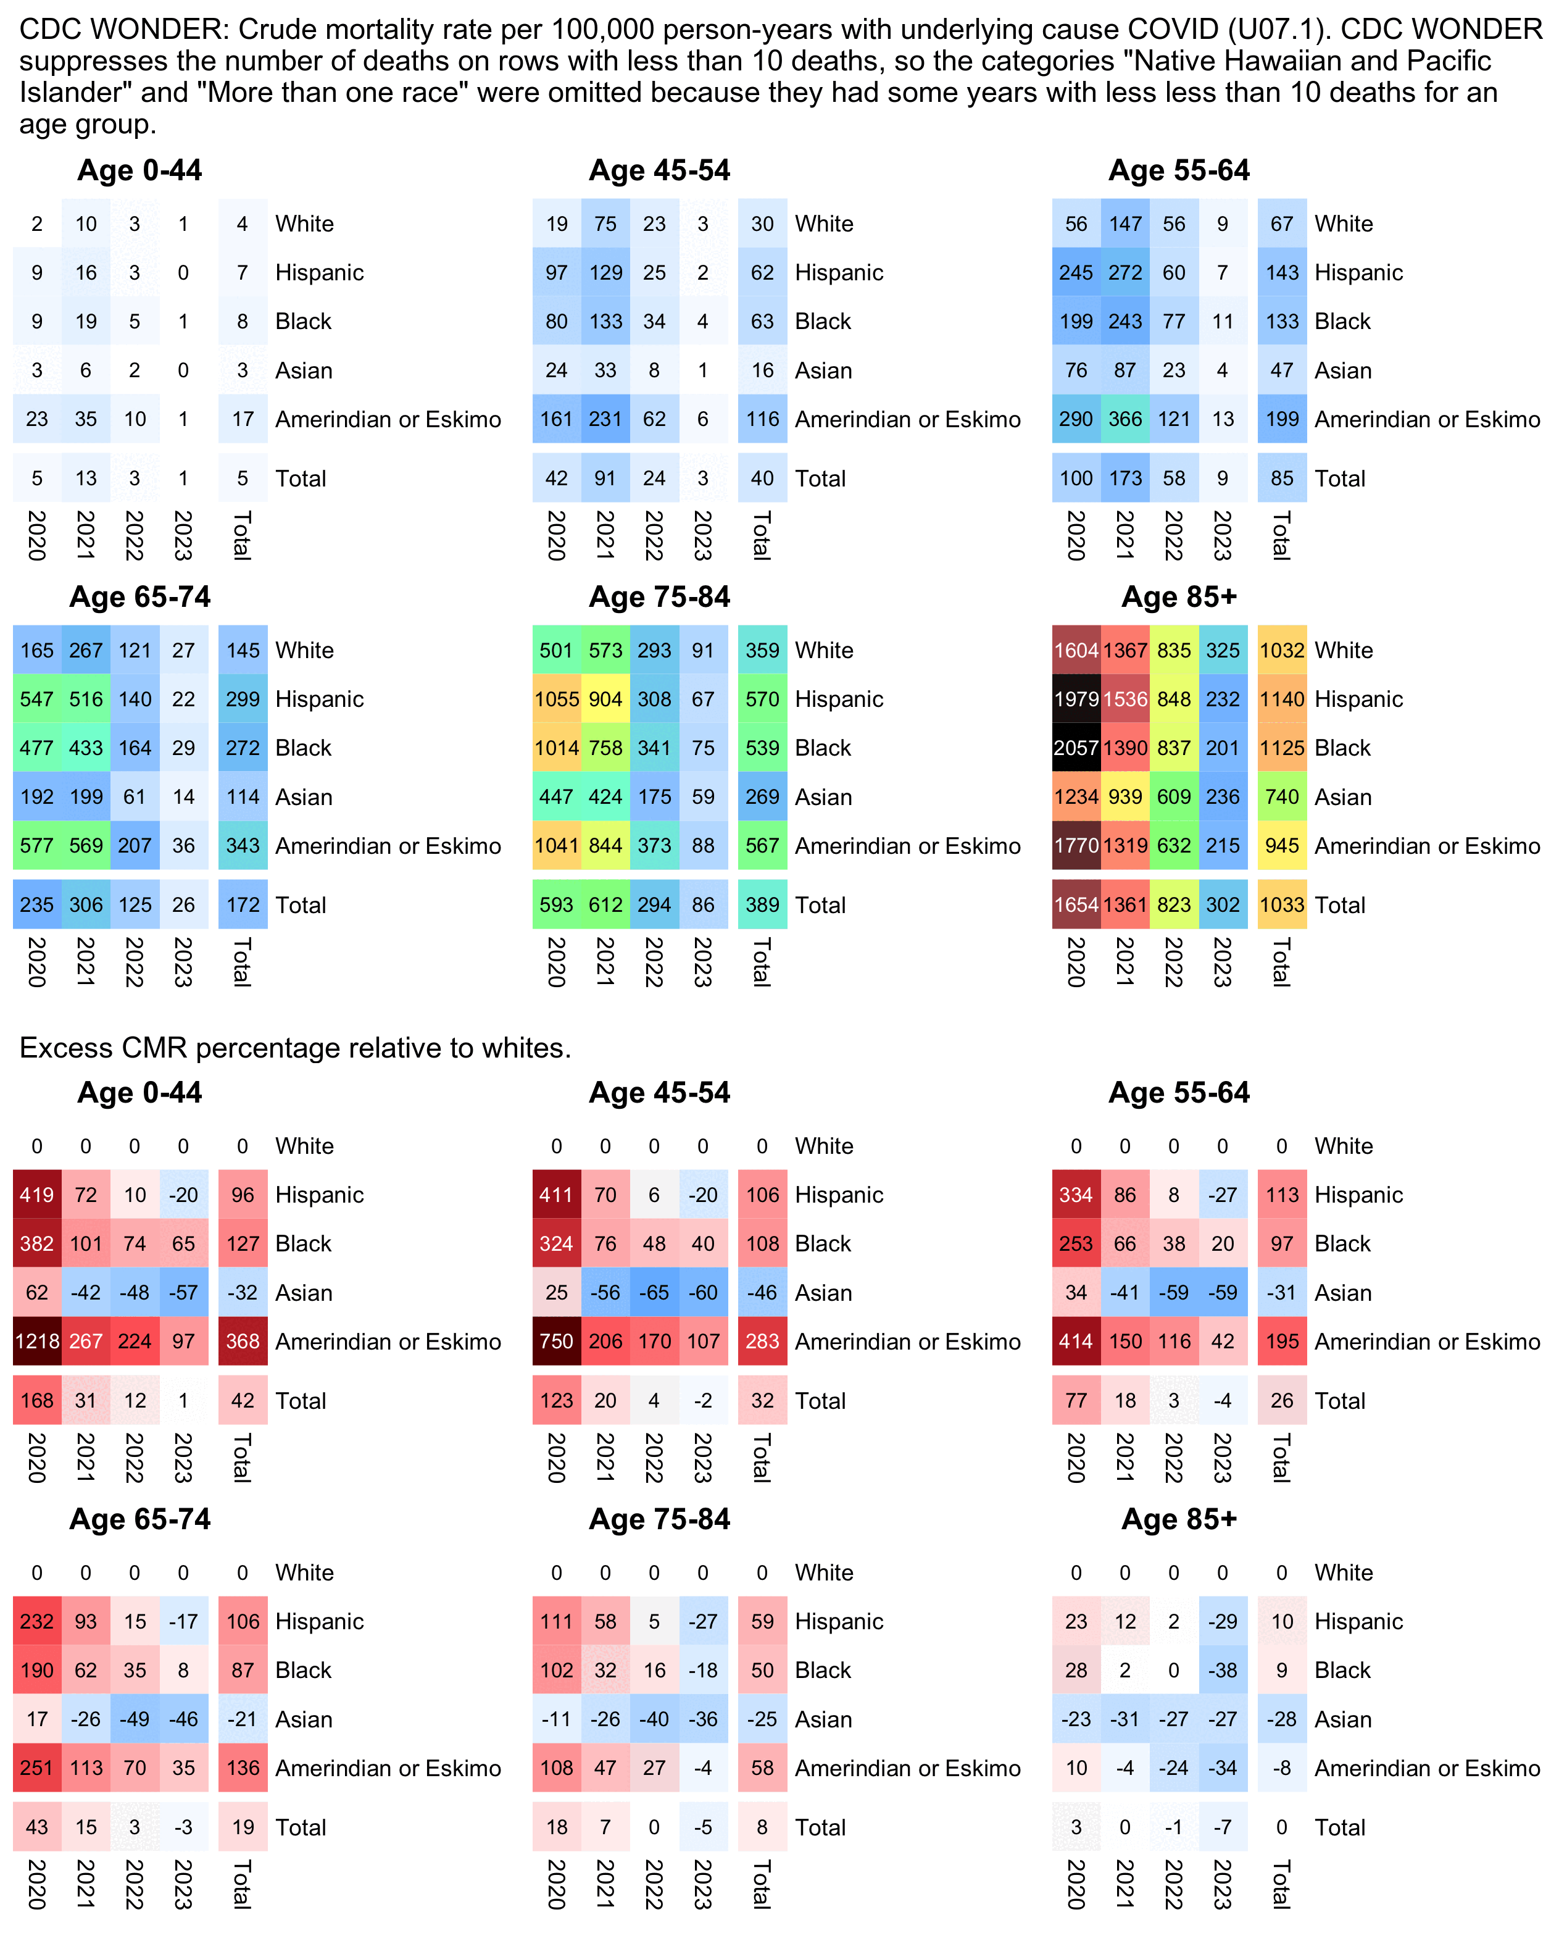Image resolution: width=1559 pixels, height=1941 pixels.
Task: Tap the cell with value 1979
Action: pyautogui.click(x=1076, y=699)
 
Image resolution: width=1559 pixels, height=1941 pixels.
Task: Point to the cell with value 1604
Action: pyautogui.click(x=1076, y=650)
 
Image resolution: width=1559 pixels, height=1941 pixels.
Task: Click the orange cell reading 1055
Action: pyautogui.click(x=556, y=699)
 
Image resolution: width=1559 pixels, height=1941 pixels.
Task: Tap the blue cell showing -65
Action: pyautogui.click(x=654, y=1292)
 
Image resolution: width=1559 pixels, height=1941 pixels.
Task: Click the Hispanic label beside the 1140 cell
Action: pyautogui.click(x=1358, y=699)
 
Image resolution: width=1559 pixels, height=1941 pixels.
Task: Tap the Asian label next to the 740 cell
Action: pyautogui.click(x=1343, y=797)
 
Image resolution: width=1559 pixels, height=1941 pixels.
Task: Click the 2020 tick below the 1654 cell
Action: pyautogui.click(x=1076, y=961)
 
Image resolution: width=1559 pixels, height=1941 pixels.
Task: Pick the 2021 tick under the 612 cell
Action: pyautogui.click(x=606, y=961)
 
